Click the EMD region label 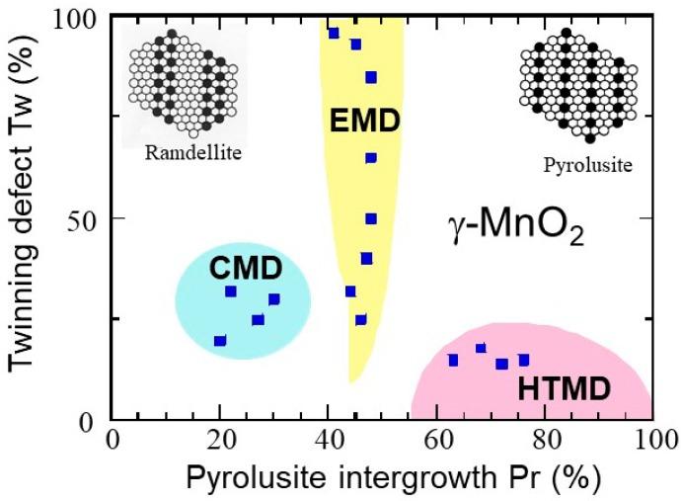tap(365, 123)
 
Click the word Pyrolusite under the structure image tap(587, 165)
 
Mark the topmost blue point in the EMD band tap(334, 34)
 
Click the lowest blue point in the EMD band tap(361, 319)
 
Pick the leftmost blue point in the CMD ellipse tap(220, 341)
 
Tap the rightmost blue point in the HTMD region tap(524, 360)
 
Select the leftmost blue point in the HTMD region tap(454, 361)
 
